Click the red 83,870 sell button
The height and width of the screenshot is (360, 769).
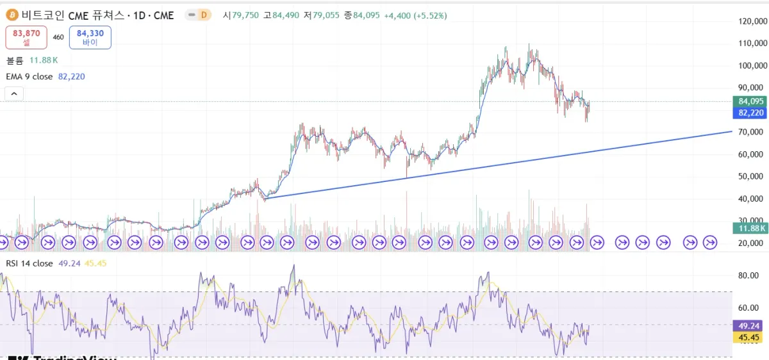pyautogui.click(x=26, y=37)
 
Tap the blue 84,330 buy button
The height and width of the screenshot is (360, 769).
pyautogui.click(x=90, y=37)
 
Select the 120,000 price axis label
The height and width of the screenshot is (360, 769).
pyautogui.click(x=753, y=21)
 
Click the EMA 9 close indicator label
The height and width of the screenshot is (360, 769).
pyautogui.click(x=29, y=77)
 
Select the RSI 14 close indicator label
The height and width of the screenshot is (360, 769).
pyautogui.click(x=29, y=263)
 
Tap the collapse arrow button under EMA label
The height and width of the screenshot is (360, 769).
pyautogui.click(x=14, y=94)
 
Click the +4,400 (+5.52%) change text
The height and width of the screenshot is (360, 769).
pyautogui.click(x=415, y=15)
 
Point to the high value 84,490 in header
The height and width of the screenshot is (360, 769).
pyautogui.click(x=286, y=15)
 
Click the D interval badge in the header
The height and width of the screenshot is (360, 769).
pyautogui.click(x=204, y=15)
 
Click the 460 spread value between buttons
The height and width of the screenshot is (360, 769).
pyautogui.click(x=58, y=37)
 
